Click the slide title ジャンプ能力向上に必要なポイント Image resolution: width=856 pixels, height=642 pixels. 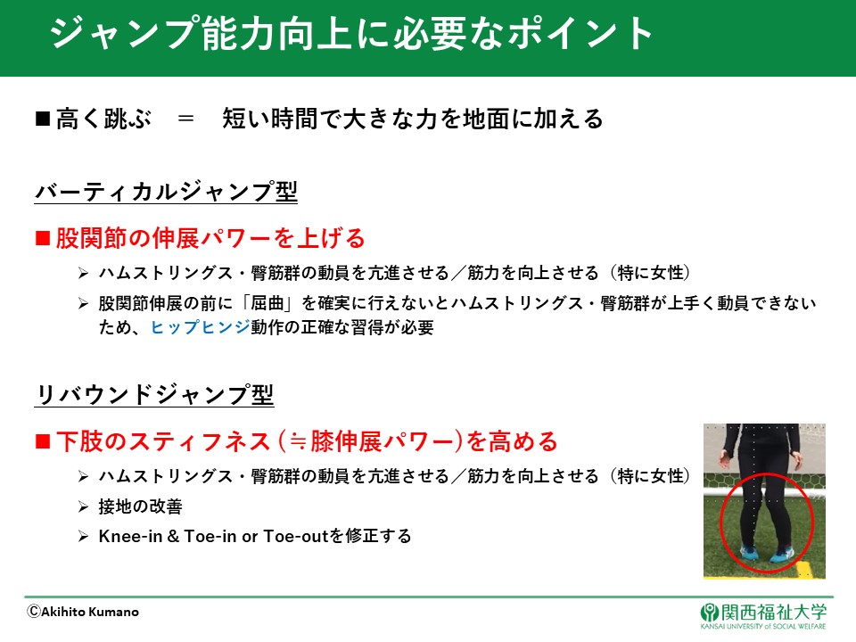pos(351,34)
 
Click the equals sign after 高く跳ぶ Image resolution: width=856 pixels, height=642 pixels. pos(185,119)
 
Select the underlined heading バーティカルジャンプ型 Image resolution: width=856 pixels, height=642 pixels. pos(166,192)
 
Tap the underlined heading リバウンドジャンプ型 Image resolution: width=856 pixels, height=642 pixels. pos(154,394)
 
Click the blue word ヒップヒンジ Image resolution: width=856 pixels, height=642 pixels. pos(201,327)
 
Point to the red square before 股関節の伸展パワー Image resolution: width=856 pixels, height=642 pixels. pos(43,238)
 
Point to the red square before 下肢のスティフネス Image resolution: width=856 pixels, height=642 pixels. pos(43,441)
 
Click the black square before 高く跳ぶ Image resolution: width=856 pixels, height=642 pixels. pos(43,119)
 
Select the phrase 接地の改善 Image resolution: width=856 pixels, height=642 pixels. pos(140,506)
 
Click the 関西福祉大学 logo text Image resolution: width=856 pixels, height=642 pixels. pos(774,613)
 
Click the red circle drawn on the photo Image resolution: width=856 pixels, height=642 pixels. pos(720,522)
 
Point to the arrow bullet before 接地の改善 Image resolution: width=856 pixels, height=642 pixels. pos(83,507)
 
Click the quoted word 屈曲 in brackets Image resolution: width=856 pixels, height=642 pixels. pos(267,303)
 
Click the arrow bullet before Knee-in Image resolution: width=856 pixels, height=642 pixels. pos(83,537)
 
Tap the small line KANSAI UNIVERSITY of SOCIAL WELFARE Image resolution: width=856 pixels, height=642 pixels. pos(763,627)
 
